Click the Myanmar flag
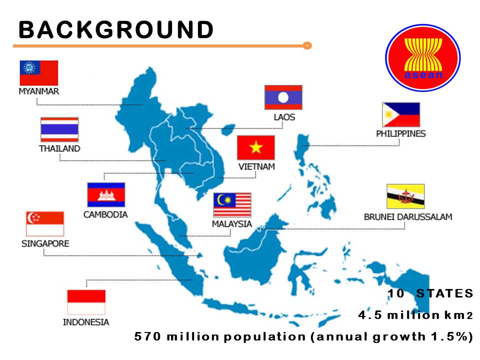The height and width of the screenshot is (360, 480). coord(38,72)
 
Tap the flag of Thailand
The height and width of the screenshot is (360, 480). coord(59,129)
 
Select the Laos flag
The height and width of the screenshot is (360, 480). coord(283,97)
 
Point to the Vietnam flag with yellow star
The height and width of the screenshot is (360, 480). coord(256,147)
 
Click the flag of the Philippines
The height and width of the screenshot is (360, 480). coord(401,115)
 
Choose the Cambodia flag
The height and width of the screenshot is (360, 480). coord(106,195)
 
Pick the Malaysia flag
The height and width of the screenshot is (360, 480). coord(232,205)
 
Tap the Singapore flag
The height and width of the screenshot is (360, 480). coord(45,223)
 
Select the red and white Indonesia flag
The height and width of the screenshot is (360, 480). coord(86,302)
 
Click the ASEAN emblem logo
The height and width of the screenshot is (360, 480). coord(422,57)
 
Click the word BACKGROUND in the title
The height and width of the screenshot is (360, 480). coord(116,30)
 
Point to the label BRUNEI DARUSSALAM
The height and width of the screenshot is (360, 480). coord(408,217)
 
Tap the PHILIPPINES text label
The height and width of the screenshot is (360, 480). coord(401,133)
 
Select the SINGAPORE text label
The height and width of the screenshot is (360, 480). coord(45,243)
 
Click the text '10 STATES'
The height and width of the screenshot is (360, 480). coord(430,293)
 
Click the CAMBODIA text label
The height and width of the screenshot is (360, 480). coord(105,214)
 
